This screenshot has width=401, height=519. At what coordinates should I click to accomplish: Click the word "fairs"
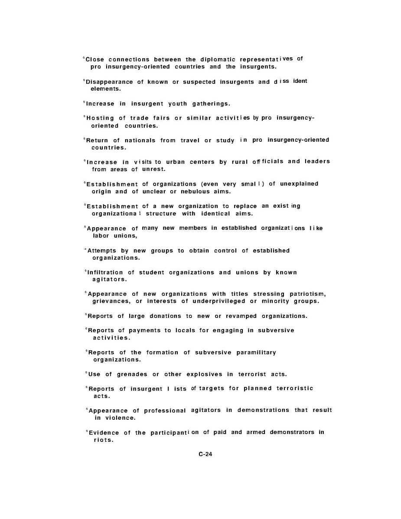[x=161, y=118]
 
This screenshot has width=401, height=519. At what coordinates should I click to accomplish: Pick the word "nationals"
[x=140, y=140]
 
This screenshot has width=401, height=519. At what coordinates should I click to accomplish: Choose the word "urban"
[x=175, y=162]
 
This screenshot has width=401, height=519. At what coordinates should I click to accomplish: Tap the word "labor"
[x=101, y=236]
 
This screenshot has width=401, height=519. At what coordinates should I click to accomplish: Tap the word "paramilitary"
[x=256, y=353]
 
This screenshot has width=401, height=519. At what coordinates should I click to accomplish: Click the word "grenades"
[x=132, y=374]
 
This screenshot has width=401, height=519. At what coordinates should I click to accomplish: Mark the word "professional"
[x=166, y=411]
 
